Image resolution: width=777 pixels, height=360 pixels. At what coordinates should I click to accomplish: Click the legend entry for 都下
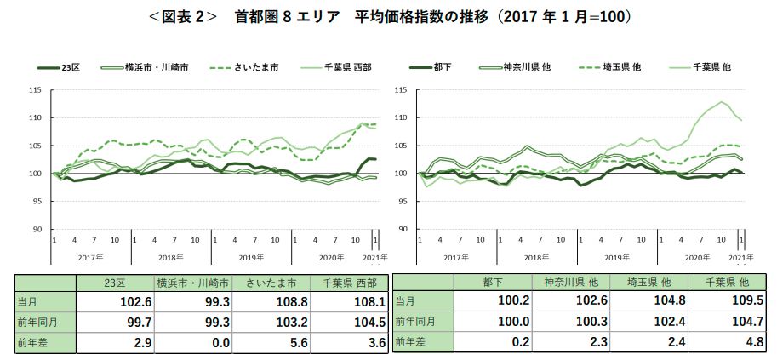[x=444, y=66]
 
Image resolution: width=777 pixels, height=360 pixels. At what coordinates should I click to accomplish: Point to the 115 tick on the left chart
[x=35, y=89]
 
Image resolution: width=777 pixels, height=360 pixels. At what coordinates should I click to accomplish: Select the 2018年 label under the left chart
[x=169, y=256]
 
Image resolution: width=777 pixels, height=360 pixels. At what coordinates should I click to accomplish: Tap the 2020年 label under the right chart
[x=697, y=256]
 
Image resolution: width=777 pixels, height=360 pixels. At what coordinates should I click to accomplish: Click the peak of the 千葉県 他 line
[x=723, y=102]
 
